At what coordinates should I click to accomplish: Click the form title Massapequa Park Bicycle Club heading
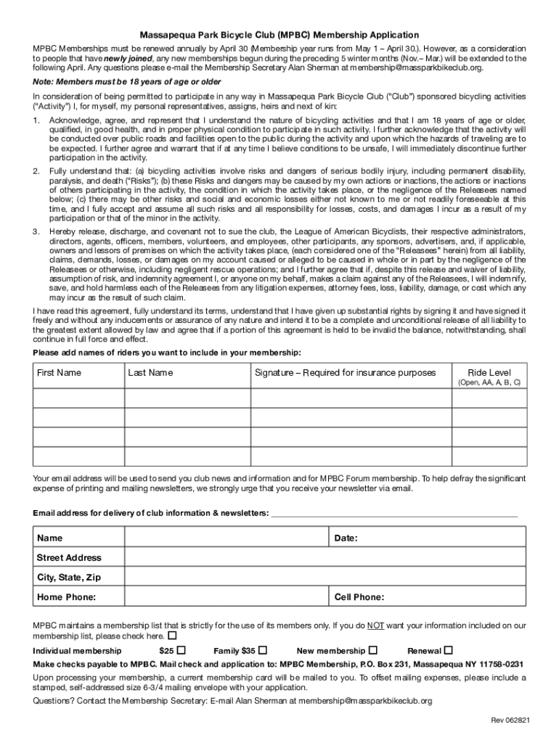279,35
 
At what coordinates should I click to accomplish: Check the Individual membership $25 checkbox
181,649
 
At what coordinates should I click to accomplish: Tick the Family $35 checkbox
263,649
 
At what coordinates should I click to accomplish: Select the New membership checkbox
373,649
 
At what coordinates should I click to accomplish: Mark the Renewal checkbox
448,649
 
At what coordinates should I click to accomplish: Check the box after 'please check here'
171,636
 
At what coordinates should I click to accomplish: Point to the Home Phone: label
66,597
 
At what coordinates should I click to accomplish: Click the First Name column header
60,373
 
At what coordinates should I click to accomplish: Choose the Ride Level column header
489,373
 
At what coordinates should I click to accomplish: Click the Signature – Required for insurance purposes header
345,373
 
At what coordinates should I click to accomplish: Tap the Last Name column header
150,373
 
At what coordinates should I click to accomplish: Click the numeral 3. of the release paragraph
37,231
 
